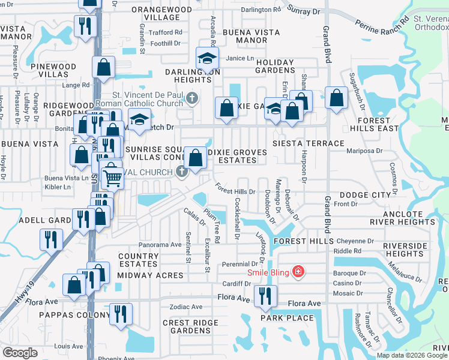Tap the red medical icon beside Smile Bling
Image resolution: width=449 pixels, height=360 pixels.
click(x=297, y=272)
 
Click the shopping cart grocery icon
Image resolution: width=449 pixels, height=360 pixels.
click(x=112, y=176)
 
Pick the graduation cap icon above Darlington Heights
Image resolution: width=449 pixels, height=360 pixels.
click(x=206, y=59)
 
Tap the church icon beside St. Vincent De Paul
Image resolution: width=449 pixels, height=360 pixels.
click(x=191, y=98)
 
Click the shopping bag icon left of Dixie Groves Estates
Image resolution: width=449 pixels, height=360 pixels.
click(x=194, y=158)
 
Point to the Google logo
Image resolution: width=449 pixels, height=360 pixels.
click(x=20, y=353)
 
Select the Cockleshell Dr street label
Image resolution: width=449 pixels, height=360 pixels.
click(x=237, y=218)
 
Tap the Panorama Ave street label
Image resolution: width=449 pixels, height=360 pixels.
click(x=160, y=245)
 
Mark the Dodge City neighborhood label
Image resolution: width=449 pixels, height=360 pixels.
click(x=365, y=196)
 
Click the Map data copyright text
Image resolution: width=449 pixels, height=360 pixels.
click(x=411, y=355)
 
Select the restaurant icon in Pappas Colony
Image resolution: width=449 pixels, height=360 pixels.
click(x=122, y=313)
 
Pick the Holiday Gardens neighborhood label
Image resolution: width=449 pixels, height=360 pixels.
click(x=276, y=65)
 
